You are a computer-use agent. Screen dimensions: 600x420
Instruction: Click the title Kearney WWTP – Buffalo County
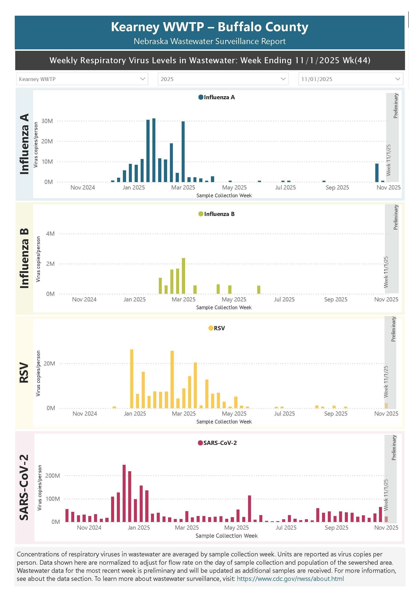point(210,27)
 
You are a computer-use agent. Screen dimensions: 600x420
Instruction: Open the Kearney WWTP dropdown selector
point(82,79)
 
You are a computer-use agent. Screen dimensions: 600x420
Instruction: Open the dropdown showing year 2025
point(223,79)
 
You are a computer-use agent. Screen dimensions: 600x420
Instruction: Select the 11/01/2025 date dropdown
point(351,79)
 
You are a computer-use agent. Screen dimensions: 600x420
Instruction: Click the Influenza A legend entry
point(217,97)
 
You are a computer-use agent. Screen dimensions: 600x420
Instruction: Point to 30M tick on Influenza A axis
point(47,121)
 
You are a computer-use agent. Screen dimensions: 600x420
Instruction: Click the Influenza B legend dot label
point(217,214)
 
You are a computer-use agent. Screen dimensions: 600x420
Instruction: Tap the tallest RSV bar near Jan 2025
point(132,379)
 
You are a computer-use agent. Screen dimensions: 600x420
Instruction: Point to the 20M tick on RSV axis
point(49,363)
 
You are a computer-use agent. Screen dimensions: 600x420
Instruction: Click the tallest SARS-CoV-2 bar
point(124,493)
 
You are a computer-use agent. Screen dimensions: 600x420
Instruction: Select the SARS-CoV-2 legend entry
point(217,443)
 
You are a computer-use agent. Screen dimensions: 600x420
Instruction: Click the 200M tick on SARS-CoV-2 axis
point(53,476)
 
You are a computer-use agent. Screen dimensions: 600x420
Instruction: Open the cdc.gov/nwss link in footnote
point(290,579)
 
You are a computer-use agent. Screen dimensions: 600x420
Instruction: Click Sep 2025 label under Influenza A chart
point(337,187)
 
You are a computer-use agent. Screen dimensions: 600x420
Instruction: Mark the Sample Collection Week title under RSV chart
point(224,422)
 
